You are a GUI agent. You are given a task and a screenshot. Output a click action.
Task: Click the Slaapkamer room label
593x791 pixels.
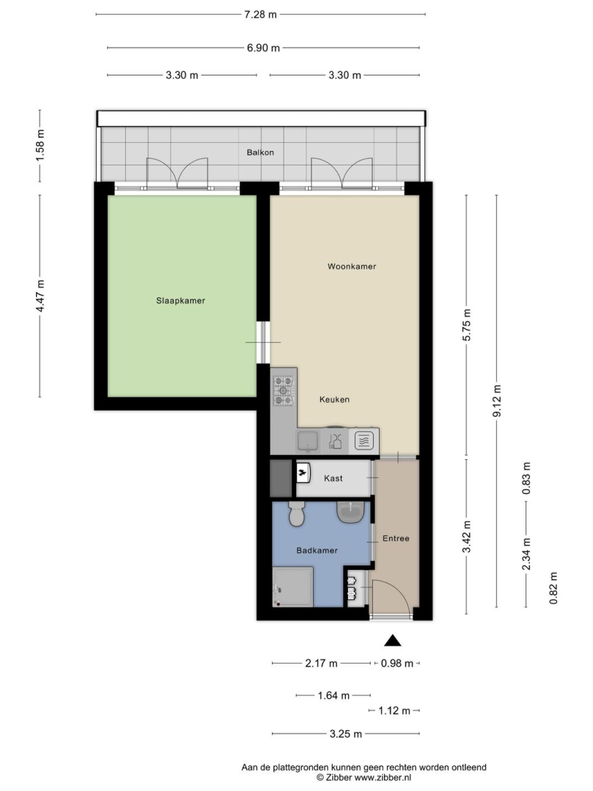coord(180,301)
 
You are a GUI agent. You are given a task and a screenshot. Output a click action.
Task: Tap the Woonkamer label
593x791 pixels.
coord(352,267)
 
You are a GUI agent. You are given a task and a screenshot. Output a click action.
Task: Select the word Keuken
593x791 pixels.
coord(334,400)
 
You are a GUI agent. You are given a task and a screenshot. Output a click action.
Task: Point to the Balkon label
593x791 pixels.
coord(260,152)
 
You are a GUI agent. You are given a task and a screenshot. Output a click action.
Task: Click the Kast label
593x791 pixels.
coord(333,478)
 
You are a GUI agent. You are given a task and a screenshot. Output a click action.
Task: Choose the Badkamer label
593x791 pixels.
coord(317,550)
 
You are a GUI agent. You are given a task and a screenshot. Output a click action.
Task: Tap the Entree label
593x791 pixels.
coord(396,538)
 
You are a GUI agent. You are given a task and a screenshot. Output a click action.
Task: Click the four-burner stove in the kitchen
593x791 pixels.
coord(283,390)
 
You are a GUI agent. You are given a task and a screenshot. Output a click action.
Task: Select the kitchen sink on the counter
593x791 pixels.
coord(307,442)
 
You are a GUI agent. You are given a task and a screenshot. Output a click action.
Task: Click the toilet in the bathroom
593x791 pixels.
coord(296,514)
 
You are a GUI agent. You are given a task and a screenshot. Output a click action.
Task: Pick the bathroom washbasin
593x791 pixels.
coord(350,512)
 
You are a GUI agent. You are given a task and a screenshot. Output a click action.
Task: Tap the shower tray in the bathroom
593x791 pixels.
coord(292,587)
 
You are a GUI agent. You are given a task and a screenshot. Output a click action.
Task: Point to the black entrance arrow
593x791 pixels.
coord(393,641)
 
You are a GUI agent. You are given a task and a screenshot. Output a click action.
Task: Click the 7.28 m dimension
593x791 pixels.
coord(260,15)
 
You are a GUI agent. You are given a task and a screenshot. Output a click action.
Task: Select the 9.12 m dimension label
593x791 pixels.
coord(497,401)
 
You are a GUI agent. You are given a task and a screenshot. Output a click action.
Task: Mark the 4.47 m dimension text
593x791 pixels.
coord(40,296)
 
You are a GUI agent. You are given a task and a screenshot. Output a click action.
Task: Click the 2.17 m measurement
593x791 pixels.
coord(321,664)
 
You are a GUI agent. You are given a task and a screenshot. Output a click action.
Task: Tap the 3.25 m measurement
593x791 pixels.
coord(346,734)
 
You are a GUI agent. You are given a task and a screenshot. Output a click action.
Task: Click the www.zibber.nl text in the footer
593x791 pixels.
coord(383,778)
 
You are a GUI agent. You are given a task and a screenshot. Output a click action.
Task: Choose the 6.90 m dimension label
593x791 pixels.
coord(263,48)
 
